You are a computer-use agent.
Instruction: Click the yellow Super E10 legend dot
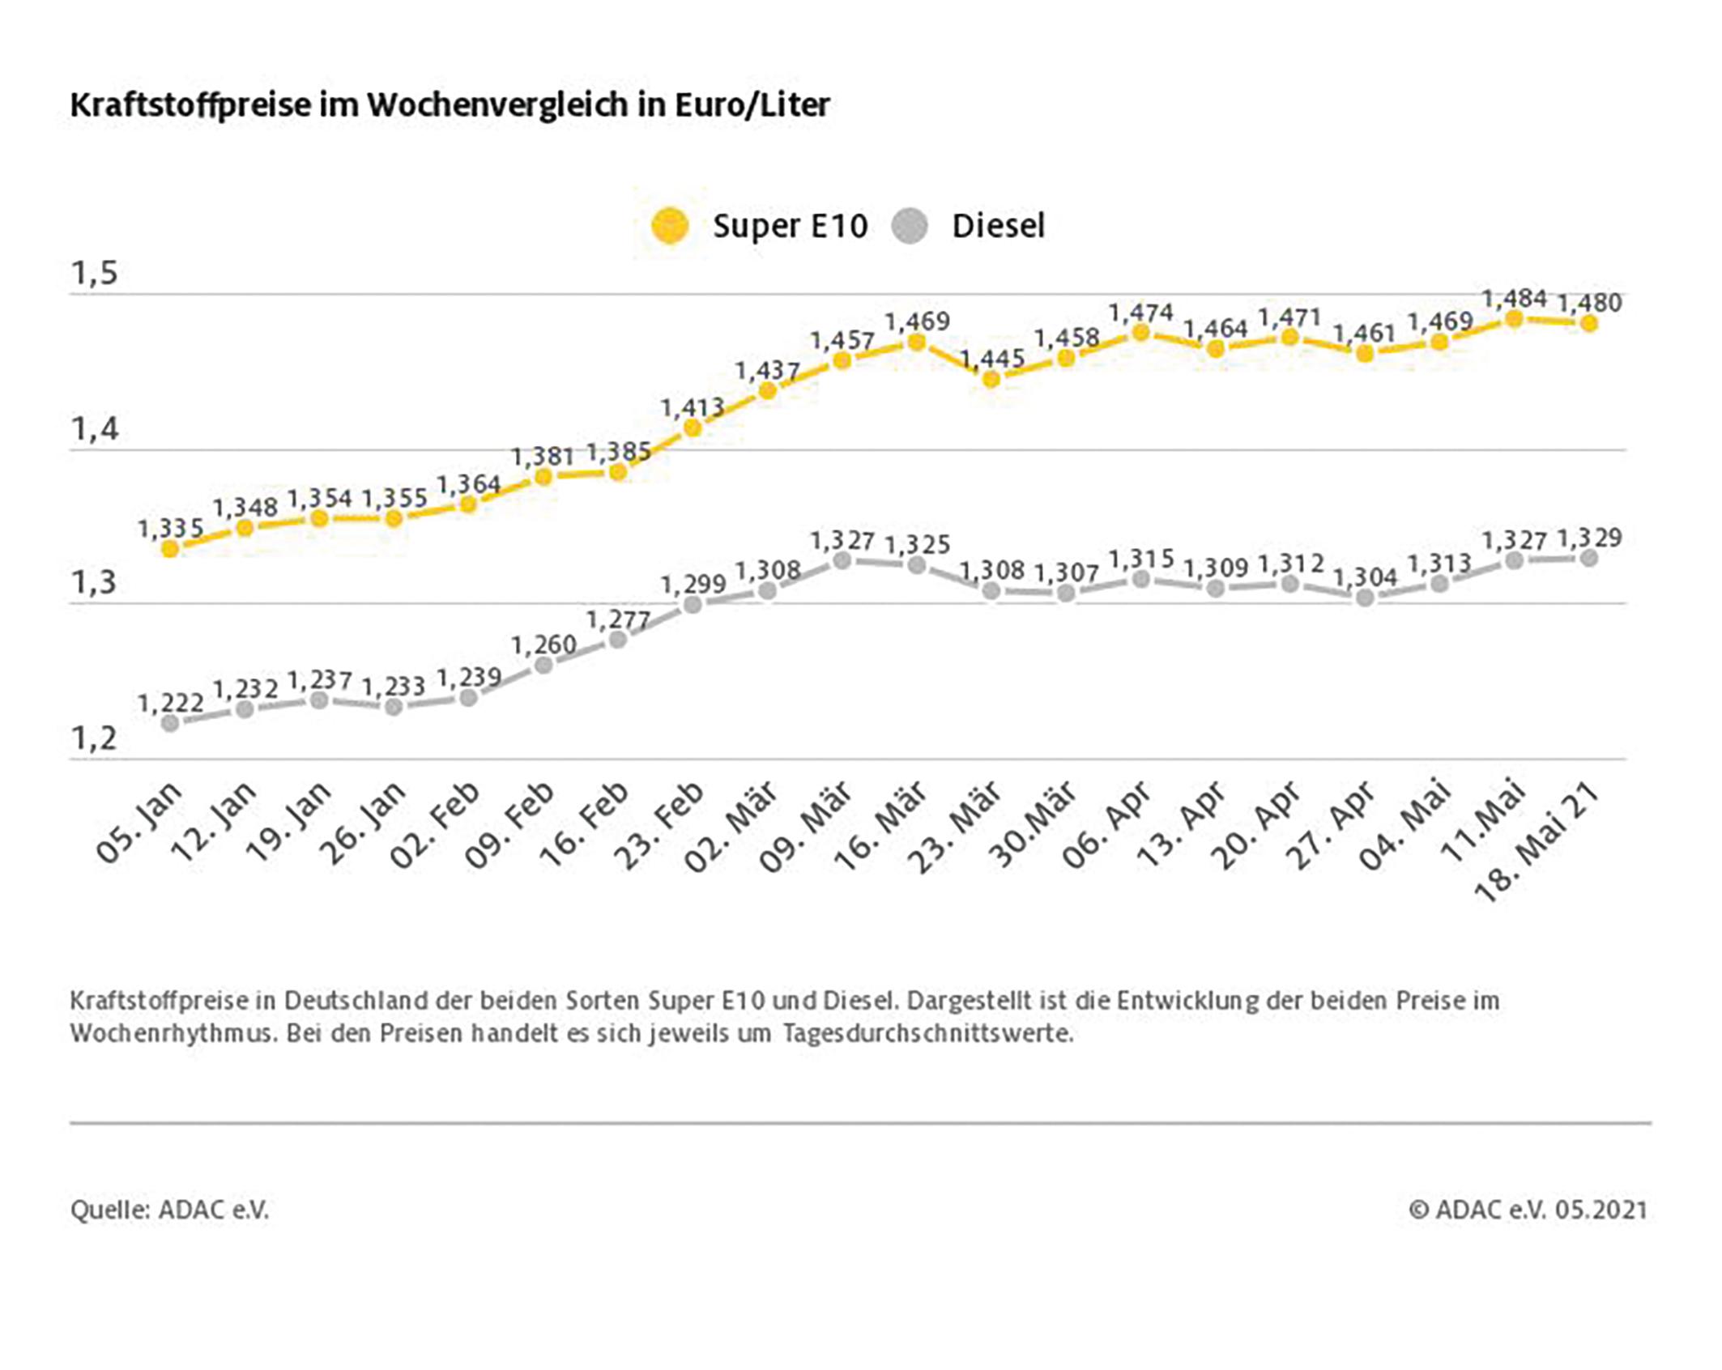[x=670, y=226]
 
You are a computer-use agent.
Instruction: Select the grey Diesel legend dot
[x=909, y=226]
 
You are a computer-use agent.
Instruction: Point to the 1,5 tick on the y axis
[x=95, y=274]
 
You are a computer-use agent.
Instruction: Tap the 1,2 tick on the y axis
[x=95, y=738]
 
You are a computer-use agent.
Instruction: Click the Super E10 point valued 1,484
[x=1514, y=319]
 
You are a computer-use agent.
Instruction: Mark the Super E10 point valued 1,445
[x=991, y=378]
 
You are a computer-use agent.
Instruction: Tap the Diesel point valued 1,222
[x=170, y=723]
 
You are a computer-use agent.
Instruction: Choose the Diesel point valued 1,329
[x=1589, y=558]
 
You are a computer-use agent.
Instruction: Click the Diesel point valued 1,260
[x=543, y=666]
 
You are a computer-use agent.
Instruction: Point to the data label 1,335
[x=170, y=529]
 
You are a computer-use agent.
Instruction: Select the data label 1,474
[x=1140, y=313]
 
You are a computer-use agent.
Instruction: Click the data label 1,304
[x=1365, y=577]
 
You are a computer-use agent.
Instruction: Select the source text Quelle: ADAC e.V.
[x=169, y=1210]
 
